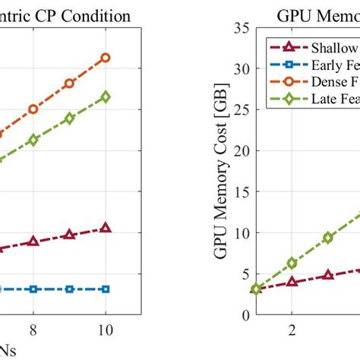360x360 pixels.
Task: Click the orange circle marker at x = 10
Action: pyautogui.click(x=106, y=58)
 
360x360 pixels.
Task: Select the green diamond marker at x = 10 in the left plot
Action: pyautogui.click(x=106, y=96)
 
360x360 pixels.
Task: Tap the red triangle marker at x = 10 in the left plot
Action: pyautogui.click(x=106, y=228)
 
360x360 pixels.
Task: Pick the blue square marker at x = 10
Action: pyautogui.click(x=106, y=289)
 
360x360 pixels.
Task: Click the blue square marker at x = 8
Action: pyautogui.click(x=33, y=289)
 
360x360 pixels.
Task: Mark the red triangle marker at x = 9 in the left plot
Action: pyautogui.click(x=70, y=235)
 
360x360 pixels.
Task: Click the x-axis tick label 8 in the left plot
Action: pyautogui.click(x=33, y=330)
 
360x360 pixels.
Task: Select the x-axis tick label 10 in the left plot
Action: pyautogui.click(x=106, y=330)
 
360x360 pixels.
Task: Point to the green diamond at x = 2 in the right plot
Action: pyautogui.click(x=292, y=263)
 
